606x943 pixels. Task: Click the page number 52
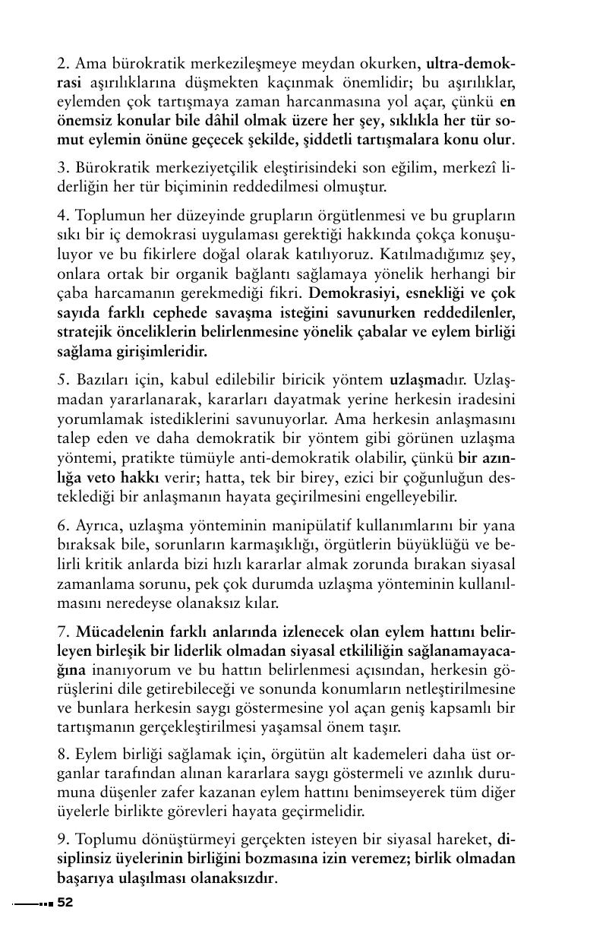point(65,903)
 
